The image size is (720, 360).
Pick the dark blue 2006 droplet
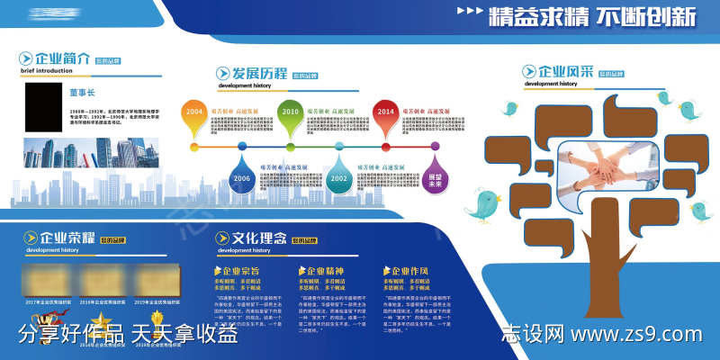241,176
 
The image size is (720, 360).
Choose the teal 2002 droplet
338,177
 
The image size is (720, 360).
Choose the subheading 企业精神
325,270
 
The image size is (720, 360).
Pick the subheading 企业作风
409,270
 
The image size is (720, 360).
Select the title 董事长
82,93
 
